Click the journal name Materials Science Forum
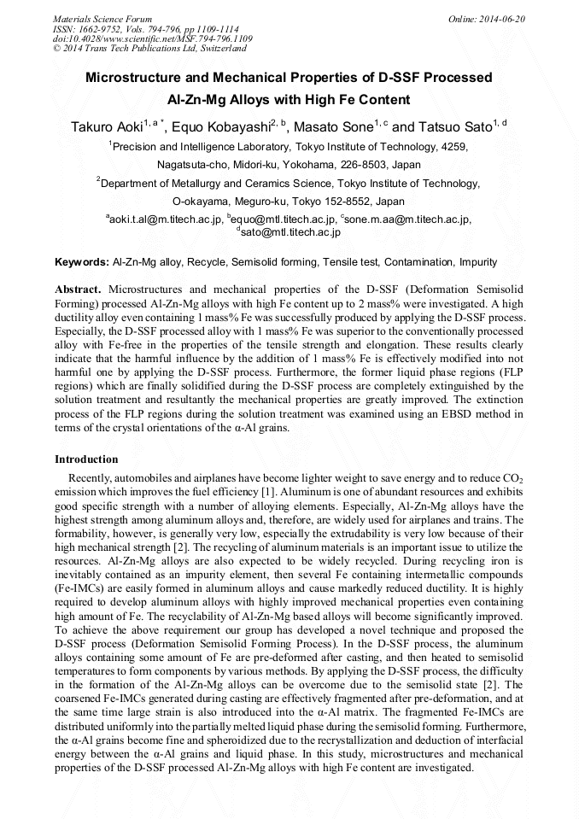tap(102, 18)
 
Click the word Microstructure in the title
tap(139, 78)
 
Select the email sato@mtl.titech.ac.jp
tap(290, 231)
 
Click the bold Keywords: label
tap(82, 262)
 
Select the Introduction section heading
tap(86, 459)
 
